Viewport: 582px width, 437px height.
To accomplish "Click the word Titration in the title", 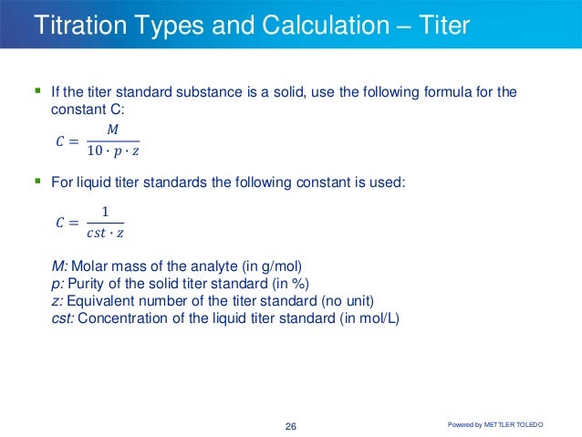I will [72, 25].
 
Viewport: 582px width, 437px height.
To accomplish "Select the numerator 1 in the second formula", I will [104, 213].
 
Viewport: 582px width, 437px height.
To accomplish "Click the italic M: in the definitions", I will [59, 267].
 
